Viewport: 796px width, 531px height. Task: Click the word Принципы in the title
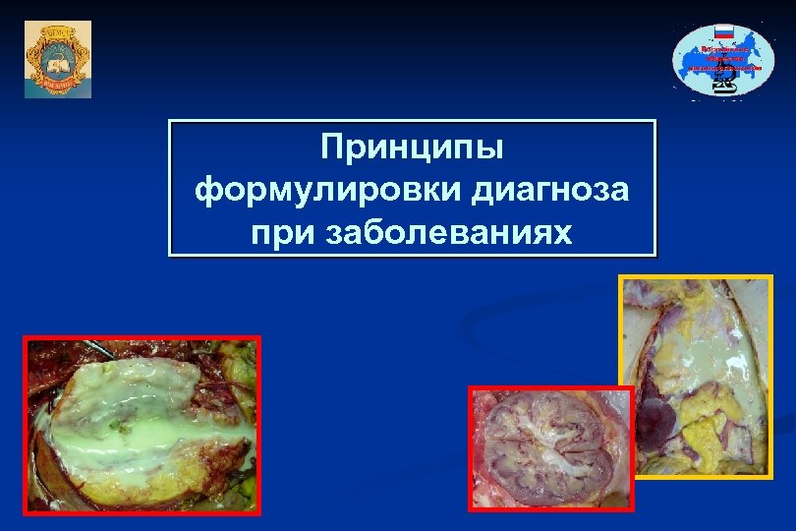click(412, 149)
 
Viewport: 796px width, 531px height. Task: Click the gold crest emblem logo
click(57, 58)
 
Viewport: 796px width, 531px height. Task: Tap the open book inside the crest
click(57, 65)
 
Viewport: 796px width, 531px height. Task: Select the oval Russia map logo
click(722, 59)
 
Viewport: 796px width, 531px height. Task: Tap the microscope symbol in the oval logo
click(723, 87)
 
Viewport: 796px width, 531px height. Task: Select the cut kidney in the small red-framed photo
click(551, 447)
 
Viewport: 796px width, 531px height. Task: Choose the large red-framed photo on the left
click(142, 424)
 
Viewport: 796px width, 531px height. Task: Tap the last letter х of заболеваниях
click(564, 236)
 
